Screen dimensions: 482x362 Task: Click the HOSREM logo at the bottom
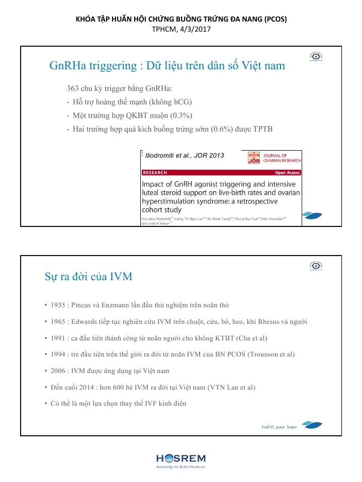pos(180,460)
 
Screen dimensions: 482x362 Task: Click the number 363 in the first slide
pos(73,89)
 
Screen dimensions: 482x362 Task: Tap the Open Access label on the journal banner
pos(287,173)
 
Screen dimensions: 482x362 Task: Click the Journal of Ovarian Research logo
pos(275,158)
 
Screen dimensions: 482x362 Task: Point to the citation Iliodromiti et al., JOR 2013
pos(184,155)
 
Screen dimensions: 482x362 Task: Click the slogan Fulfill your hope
pos(279,427)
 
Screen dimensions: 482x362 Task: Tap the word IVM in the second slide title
pos(121,277)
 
